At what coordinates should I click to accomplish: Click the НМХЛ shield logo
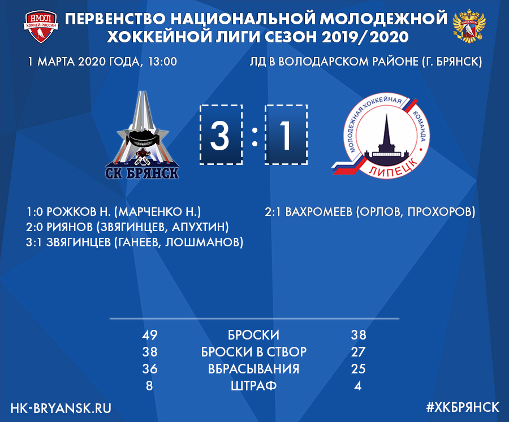click(41, 27)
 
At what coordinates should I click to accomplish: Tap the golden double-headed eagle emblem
click(469, 27)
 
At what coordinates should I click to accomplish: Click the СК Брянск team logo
click(142, 135)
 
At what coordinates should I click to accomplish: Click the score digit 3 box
click(221, 134)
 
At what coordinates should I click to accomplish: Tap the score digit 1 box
click(286, 134)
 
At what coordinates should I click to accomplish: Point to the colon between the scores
click(255, 137)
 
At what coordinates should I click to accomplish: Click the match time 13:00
click(162, 62)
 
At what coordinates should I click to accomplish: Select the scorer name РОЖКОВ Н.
click(79, 212)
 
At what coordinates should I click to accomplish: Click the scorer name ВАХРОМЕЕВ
click(319, 212)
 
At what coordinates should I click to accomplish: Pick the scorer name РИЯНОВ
click(70, 227)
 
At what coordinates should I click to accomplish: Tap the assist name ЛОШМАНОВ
click(202, 242)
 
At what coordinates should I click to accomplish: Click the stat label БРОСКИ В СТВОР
click(253, 352)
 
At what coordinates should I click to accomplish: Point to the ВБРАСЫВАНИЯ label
click(253, 369)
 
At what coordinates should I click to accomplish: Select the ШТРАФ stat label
click(253, 386)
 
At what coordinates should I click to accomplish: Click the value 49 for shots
click(150, 335)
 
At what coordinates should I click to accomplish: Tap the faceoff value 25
click(358, 369)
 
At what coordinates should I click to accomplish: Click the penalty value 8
click(149, 386)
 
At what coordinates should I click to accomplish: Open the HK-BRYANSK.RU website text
click(61, 408)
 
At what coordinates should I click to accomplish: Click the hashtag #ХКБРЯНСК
click(463, 408)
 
